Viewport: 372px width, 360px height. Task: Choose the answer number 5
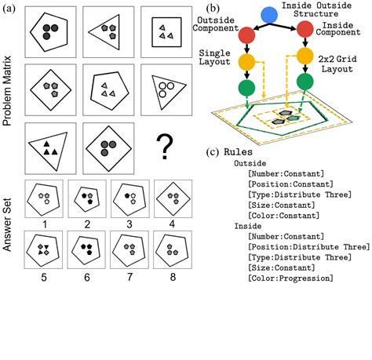click(x=46, y=275)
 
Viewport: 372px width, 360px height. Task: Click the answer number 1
click(x=46, y=224)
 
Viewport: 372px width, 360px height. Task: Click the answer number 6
click(x=88, y=275)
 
